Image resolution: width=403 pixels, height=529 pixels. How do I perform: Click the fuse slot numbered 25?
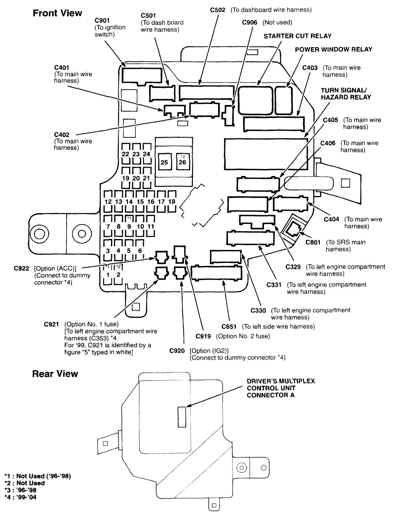tap(164, 162)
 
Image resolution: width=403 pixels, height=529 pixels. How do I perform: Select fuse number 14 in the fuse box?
tap(129, 202)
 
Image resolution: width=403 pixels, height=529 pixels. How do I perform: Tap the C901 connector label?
tap(102, 21)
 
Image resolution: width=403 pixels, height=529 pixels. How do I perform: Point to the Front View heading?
tap(57, 13)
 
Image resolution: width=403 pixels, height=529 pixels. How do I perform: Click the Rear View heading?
tap(55, 374)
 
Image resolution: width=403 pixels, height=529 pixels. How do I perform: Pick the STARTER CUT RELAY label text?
tap(297, 36)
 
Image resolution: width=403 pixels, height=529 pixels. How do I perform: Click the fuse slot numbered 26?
tap(183, 162)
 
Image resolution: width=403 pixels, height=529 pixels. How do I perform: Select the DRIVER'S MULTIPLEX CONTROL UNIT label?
tap(281, 388)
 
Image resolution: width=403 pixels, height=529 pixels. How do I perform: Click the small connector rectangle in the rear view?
tap(182, 417)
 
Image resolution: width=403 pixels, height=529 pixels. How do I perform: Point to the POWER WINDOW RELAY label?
tap(334, 49)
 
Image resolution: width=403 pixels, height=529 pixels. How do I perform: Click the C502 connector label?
tap(218, 10)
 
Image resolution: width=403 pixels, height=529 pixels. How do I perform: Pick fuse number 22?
tap(126, 154)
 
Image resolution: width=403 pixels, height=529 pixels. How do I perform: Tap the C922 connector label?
tap(22, 268)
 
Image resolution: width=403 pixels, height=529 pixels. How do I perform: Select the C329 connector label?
tap(293, 267)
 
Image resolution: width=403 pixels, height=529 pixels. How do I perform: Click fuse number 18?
tap(172, 201)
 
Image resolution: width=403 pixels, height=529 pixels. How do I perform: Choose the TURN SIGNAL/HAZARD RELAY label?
tap(346, 94)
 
